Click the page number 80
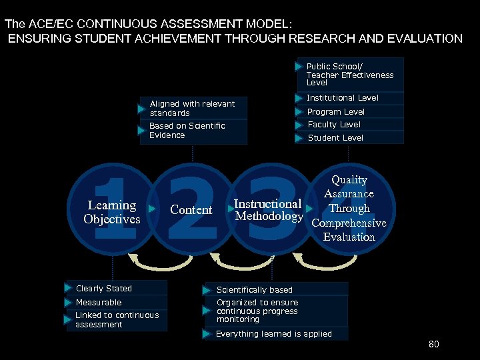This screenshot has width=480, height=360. [434, 345]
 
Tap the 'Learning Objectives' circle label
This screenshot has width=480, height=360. [112, 212]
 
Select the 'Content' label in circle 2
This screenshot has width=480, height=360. [191, 210]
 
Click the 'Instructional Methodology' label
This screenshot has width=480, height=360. [268, 210]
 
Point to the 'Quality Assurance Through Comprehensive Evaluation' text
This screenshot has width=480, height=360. [349, 208]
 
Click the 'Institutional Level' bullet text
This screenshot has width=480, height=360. [342, 98]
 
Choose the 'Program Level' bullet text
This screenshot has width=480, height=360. [335, 112]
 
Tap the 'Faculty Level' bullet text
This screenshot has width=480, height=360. [334, 125]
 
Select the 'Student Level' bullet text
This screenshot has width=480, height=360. [335, 138]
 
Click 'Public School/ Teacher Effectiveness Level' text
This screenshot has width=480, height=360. [349, 75]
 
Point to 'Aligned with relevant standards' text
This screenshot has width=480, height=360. [192, 109]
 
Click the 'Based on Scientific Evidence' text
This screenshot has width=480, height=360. [187, 131]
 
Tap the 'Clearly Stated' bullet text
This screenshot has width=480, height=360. [104, 289]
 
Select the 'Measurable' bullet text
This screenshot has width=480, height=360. [99, 303]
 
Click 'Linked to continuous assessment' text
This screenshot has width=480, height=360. [117, 320]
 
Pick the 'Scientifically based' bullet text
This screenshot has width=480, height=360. [254, 290]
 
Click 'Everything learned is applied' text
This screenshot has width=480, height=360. [273, 334]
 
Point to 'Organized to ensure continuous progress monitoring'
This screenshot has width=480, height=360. [257, 311]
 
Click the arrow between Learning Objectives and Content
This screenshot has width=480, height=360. [152, 209]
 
